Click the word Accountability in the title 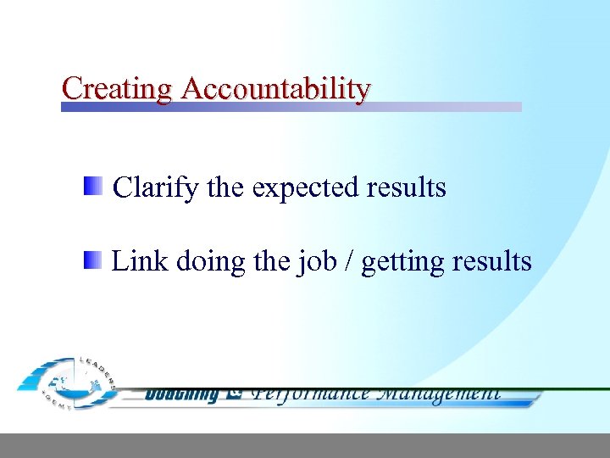[x=276, y=87]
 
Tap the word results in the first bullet [x=406, y=187]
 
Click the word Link [x=140, y=261]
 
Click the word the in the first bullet [x=225, y=187]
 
